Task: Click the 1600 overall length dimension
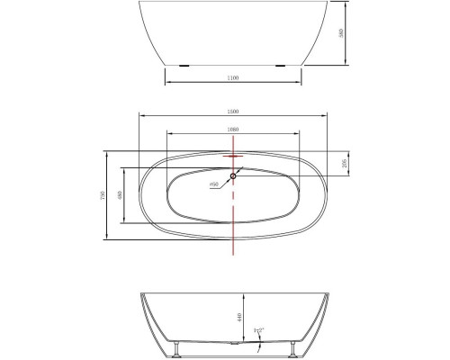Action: pyautogui.click(x=232, y=112)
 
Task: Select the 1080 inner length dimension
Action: pyautogui.click(x=232, y=130)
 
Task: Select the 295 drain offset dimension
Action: pyautogui.click(x=347, y=163)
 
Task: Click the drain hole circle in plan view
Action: pyautogui.click(x=232, y=175)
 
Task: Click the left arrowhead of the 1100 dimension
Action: pyautogui.click(x=167, y=84)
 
